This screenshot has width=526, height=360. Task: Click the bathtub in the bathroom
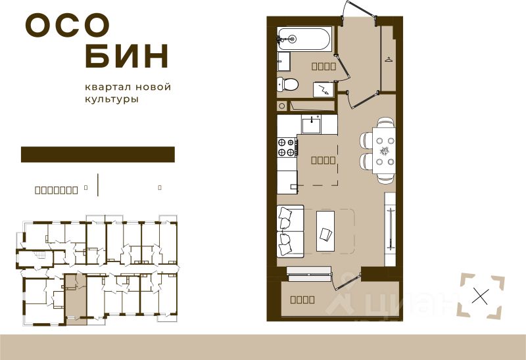coord(304,39)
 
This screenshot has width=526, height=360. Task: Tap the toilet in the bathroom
coord(287,84)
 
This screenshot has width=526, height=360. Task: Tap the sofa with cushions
coord(290,231)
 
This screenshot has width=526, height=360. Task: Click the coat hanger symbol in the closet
coord(389,61)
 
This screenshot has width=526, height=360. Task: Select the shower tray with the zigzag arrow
coord(323,89)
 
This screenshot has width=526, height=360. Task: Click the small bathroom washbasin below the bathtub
coord(283,62)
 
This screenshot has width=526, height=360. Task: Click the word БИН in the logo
coord(127,57)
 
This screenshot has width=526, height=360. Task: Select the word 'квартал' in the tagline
coord(107,87)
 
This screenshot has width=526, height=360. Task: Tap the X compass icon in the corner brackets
coord(481,296)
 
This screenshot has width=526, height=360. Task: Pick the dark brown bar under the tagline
coord(98,154)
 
